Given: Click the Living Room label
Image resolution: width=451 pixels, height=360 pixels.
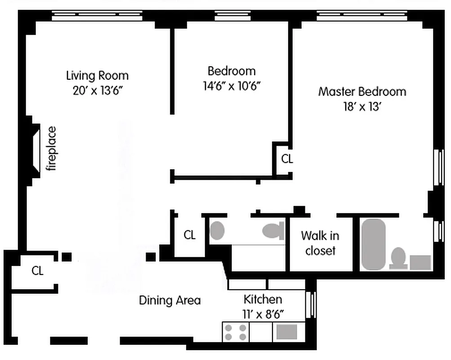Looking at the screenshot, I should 97,75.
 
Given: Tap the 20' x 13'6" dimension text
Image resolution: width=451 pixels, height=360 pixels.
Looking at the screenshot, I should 97,90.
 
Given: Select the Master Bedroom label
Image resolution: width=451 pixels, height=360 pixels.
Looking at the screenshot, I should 362,92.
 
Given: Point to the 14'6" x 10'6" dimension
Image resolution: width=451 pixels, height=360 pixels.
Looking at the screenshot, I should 232,85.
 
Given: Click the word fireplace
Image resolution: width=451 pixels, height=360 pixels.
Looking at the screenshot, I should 53,149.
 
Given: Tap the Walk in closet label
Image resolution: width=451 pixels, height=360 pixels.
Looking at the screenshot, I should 320,243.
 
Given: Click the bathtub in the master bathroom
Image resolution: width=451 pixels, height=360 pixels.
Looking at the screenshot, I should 373,244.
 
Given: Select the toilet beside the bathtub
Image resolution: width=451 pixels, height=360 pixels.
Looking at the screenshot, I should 398,258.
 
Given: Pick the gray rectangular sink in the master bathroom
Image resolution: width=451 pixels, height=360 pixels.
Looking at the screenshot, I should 420,262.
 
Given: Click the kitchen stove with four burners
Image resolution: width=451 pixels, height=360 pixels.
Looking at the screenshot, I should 236,332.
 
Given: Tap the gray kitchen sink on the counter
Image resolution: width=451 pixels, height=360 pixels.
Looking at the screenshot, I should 286,332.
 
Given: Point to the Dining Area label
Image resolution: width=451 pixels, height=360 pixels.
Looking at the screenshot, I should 170,301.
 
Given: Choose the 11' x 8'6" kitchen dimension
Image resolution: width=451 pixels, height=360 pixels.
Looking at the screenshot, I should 263,314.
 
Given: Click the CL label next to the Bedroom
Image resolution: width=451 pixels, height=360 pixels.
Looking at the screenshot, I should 287,159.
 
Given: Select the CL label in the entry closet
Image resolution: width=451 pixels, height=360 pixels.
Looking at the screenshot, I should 38,270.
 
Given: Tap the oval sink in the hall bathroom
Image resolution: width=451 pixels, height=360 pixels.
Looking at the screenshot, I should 217,230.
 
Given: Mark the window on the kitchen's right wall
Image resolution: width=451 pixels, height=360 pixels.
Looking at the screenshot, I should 310,305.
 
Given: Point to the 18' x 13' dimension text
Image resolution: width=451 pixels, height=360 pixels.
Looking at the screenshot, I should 362,108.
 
